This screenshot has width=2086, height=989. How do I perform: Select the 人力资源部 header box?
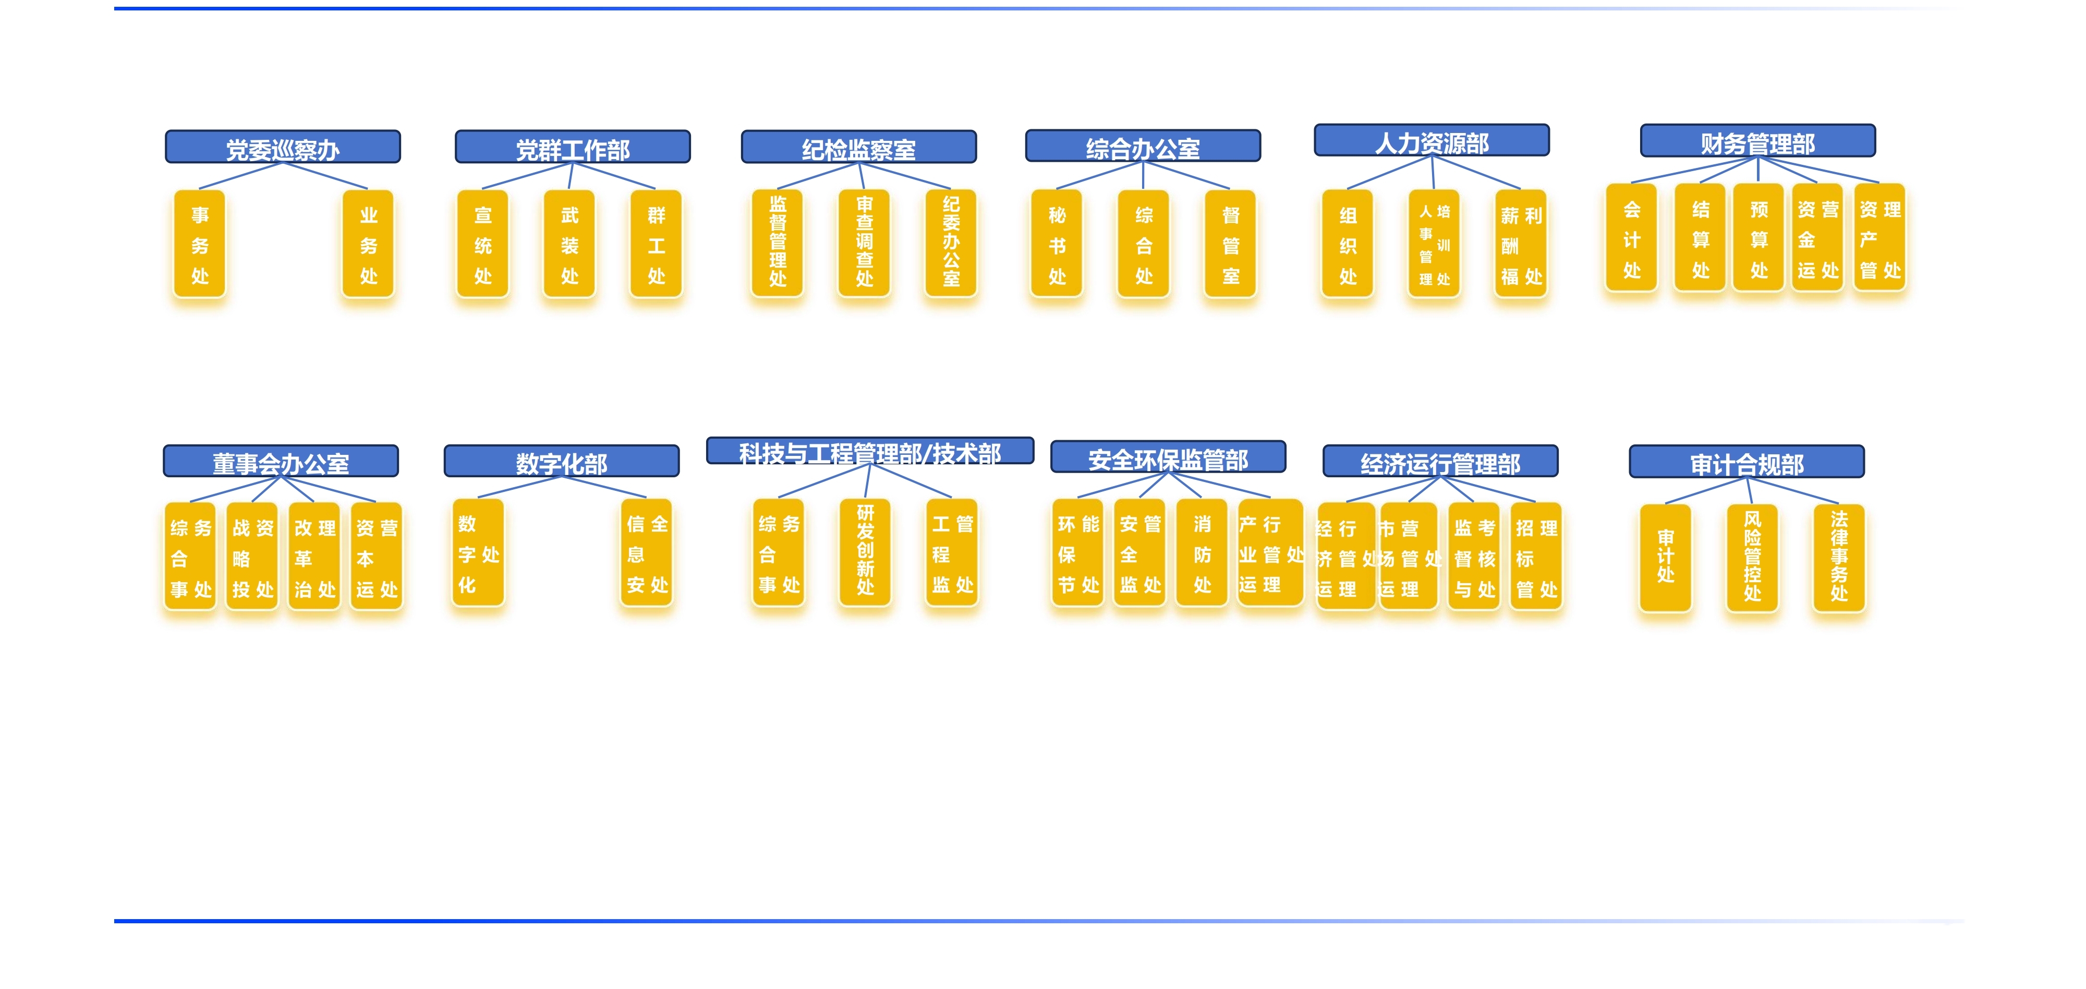coord(1431,141)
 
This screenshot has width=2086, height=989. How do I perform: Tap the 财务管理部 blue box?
coord(1757,142)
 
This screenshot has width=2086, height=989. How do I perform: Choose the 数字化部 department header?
coord(561,462)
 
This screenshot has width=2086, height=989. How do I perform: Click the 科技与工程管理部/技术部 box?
coord(870,452)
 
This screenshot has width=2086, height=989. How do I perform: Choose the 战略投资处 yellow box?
coord(252,557)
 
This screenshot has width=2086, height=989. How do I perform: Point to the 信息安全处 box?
coord(647,553)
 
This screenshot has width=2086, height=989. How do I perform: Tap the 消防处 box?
coord(1202,553)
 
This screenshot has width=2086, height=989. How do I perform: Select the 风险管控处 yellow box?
coord(1752,557)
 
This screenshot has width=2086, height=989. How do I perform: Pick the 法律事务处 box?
coord(1838,557)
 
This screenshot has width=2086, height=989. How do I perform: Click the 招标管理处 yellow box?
coord(1535,557)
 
